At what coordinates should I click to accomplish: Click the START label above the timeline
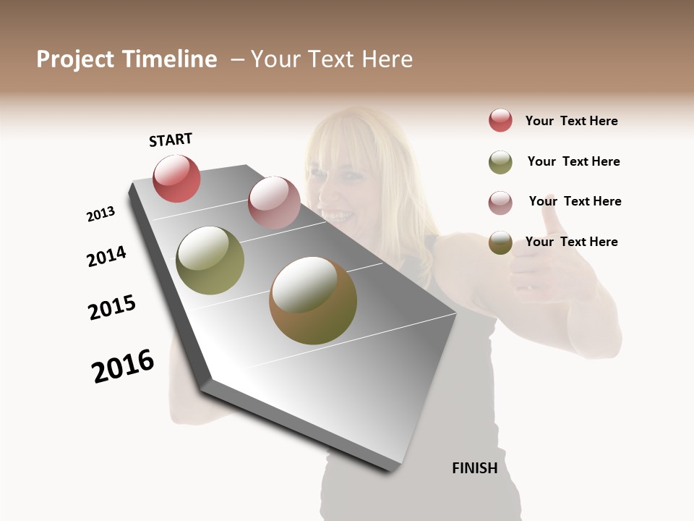tap(171, 140)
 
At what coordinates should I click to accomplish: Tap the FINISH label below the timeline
tap(474, 467)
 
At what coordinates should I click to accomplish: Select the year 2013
tap(100, 214)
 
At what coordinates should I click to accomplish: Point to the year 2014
tap(106, 256)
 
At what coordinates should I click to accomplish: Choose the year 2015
tap(112, 308)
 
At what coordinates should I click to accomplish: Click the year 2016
tap(123, 366)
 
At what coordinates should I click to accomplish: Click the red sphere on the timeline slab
tap(176, 178)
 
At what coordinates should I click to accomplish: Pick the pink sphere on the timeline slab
tap(274, 202)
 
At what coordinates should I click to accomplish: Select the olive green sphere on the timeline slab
tap(210, 260)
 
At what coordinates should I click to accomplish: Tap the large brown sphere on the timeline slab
tap(312, 300)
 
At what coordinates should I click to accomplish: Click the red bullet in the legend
tap(500, 120)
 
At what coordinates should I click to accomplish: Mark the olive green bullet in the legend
tap(500, 162)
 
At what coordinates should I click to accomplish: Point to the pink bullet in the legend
tap(500, 203)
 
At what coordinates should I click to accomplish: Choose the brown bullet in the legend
tap(500, 243)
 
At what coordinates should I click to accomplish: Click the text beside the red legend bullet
tap(571, 121)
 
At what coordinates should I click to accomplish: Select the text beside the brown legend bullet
tap(571, 242)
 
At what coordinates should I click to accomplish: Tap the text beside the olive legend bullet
tap(573, 161)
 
